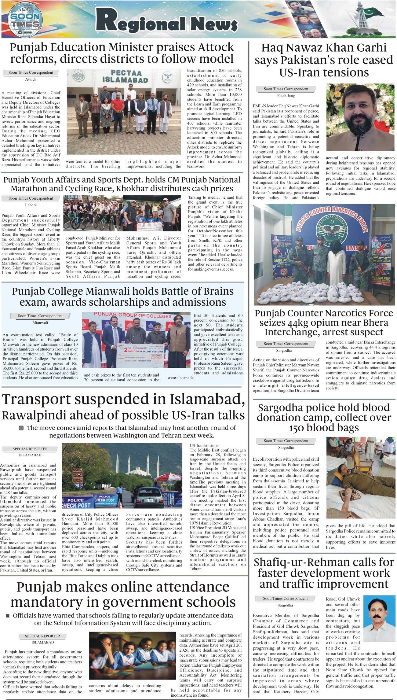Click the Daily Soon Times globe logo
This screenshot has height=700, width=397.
(x=25, y=20)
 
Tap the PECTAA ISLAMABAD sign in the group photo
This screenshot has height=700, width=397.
(x=125, y=76)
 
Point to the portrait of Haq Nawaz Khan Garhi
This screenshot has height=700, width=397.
(x=360, y=117)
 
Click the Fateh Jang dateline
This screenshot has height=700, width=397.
(x=286, y=96)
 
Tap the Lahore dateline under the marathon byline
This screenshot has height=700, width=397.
(x=31, y=205)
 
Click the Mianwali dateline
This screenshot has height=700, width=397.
(x=40, y=322)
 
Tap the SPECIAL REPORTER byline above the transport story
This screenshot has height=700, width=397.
(x=30, y=449)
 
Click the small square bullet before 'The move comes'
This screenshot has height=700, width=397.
(x=21, y=428)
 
